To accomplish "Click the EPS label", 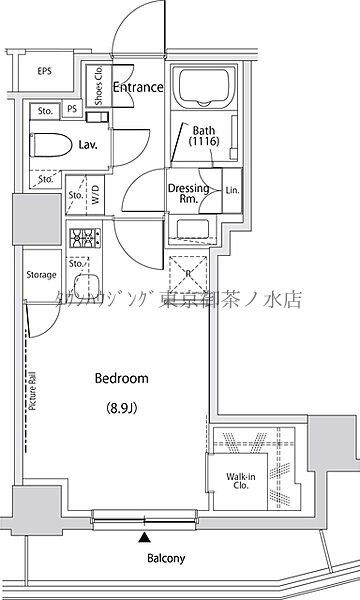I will tap(44, 71).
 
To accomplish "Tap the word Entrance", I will tap(138, 88).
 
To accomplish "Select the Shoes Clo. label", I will tap(100, 86).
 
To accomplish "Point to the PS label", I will tap(72, 110).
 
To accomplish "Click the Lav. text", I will tap(87, 145).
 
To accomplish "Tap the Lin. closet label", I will tap(231, 190).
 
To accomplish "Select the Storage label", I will tap(41, 275).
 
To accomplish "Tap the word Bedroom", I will tap(121, 378).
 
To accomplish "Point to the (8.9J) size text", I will tap(122, 407).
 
